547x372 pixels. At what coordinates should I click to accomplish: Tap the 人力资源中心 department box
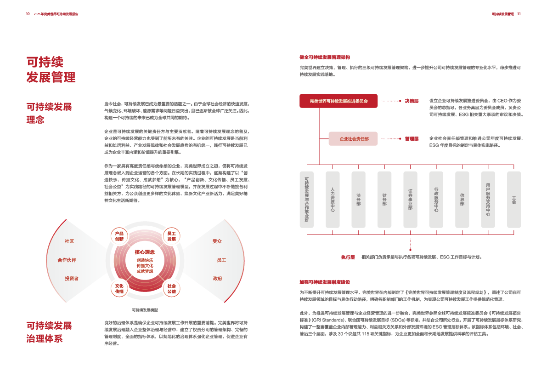point(332,200)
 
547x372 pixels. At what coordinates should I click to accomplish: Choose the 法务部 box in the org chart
point(358,200)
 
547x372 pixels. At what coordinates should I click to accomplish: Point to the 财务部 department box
point(384,200)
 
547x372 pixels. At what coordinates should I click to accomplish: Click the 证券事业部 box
point(410,200)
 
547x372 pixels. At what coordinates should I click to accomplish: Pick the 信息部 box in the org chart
point(462,200)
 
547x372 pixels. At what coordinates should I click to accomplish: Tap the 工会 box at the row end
point(514,200)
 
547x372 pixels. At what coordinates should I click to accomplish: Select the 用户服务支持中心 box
point(488,200)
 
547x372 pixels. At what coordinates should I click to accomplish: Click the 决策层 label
point(412,101)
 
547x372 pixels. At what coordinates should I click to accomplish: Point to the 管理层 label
point(412,138)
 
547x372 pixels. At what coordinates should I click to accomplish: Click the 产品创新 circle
point(119,236)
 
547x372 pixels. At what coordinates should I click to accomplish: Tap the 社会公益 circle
point(171,288)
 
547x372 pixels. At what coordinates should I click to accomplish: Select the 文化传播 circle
point(119,288)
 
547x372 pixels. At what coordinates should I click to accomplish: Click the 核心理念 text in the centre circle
point(145,252)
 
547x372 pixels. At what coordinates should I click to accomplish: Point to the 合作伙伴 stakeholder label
point(67,260)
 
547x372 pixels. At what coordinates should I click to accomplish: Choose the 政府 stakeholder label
point(218,279)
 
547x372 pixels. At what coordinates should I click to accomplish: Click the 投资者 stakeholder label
point(72,279)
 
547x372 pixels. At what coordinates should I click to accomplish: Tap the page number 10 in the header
point(28,14)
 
